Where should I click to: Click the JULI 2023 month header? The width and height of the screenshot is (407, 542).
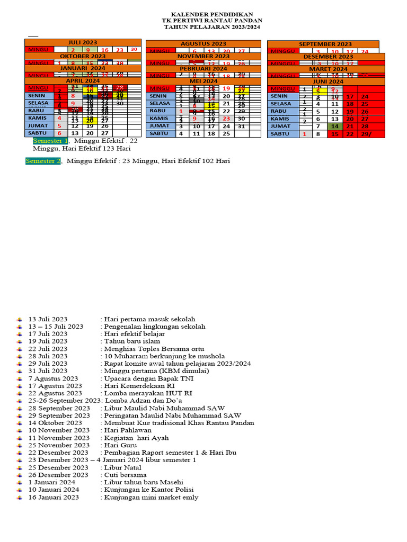(83, 42)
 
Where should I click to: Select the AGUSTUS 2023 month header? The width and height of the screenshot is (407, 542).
(203, 43)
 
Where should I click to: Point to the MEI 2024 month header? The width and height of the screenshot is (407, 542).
(203, 81)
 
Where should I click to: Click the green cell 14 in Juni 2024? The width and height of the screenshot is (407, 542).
(335, 127)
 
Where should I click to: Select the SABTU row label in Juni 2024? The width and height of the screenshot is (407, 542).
(281, 134)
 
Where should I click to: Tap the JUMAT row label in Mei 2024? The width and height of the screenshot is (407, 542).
(160, 126)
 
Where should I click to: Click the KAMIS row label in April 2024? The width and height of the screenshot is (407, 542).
(38, 118)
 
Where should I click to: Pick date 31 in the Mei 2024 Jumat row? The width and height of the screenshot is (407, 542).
(242, 127)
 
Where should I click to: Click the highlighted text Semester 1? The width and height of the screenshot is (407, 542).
(50, 141)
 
